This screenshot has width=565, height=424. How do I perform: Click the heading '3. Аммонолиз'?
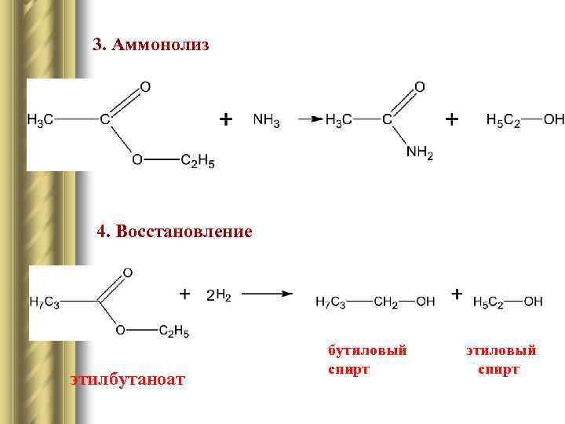(151, 45)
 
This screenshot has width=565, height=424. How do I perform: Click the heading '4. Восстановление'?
(174, 232)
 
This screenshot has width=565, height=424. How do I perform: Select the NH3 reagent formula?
(266, 120)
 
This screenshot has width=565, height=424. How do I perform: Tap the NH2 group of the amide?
(419, 154)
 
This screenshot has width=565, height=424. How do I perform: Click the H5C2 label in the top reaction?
(502, 120)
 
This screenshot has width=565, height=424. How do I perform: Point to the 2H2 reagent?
(218, 295)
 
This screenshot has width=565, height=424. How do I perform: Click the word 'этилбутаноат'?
(127, 381)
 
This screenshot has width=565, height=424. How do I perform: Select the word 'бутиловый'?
(367, 350)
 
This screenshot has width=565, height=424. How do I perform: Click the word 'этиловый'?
(501, 350)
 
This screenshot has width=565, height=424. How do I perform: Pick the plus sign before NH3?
(225, 119)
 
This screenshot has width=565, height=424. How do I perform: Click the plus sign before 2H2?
(184, 294)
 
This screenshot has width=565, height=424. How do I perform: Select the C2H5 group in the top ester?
(197, 161)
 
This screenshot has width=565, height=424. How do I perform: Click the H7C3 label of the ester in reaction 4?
(44, 302)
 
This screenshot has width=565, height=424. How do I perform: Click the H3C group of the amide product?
(339, 120)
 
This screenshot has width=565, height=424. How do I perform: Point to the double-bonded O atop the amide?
(419, 86)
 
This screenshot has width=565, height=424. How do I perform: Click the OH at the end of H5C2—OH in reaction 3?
(554, 120)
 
